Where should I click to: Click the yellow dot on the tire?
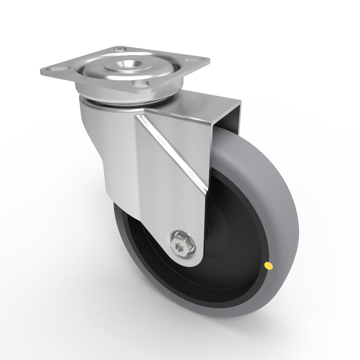point(268,266)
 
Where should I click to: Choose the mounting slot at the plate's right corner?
point(196,59)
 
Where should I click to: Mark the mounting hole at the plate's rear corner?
point(118,48)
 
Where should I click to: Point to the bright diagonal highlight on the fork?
point(169,151)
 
